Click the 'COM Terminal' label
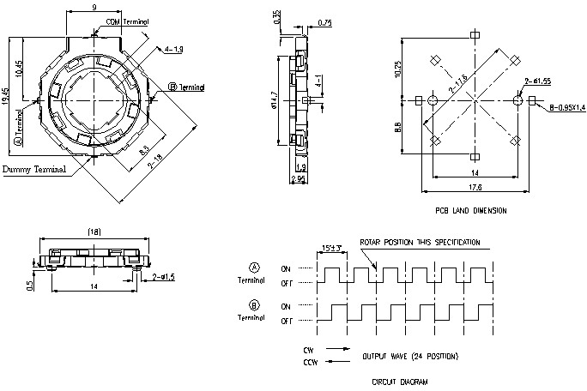click(x=126, y=21)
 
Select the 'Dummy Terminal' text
click(x=34, y=170)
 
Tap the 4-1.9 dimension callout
click(x=173, y=50)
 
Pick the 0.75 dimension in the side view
click(x=324, y=24)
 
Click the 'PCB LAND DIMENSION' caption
click(x=471, y=210)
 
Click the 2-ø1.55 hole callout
click(x=537, y=81)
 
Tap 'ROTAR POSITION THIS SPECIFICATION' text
click(x=420, y=242)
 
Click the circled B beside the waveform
click(x=254, y=304)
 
